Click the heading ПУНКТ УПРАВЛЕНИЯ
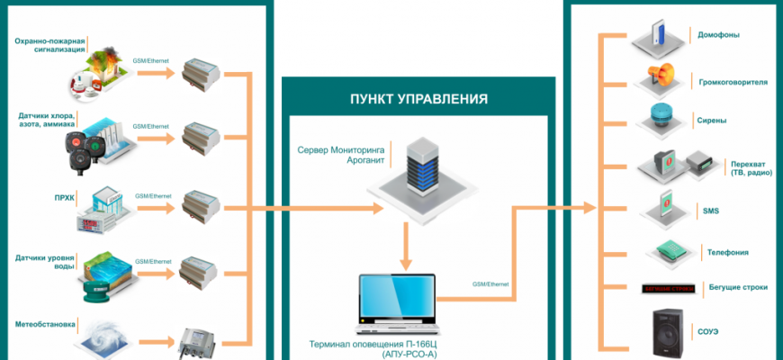click(418, 99)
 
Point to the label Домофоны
click(719, 35)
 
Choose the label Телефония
click(724, 252)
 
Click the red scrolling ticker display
click(668, 289)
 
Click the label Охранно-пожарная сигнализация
click(50, 46)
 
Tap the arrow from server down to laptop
click(406, 244)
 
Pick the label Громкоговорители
click(733, 81)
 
